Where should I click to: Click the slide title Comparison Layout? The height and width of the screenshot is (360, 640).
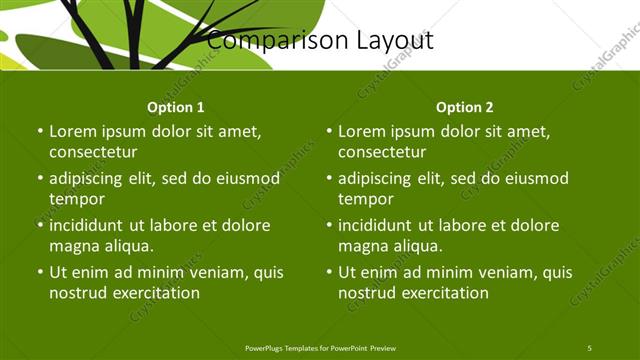coord(320,41)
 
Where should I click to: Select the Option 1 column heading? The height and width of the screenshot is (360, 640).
coord(176,107)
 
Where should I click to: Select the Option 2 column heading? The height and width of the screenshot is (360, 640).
coord(465,107)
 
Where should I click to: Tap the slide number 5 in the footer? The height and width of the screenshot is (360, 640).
coord(589,347)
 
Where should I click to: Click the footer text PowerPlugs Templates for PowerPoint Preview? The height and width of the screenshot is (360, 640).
coord(320,347)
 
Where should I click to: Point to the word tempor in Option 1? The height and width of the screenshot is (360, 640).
coord(76,198)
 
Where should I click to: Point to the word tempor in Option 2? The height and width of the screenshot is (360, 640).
coord(365,198)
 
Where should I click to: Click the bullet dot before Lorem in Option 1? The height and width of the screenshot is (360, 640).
coord(40,132)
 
